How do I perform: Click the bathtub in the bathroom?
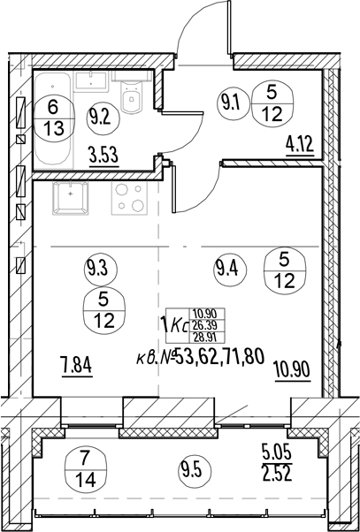point(53,121)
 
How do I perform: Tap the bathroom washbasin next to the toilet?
point(91,81)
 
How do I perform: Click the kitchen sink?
point(70,198)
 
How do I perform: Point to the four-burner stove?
point(130,198)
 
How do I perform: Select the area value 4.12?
point(300,147)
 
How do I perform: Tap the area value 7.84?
point(78,367)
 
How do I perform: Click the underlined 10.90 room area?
point(293,371)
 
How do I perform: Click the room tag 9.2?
point(103,118)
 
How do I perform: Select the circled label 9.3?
point(101,270)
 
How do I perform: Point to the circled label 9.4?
point(230,270)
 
